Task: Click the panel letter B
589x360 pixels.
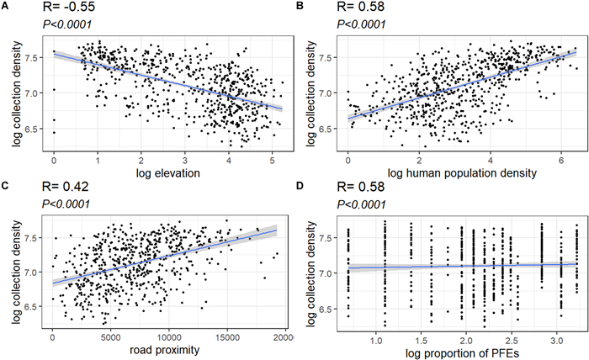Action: click(300, 7)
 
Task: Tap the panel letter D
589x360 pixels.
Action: click(300, 187)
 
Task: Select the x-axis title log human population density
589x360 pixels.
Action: click(462, 173)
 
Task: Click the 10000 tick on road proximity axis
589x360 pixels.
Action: click(170, 338)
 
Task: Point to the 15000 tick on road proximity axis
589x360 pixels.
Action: click(228, 338)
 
